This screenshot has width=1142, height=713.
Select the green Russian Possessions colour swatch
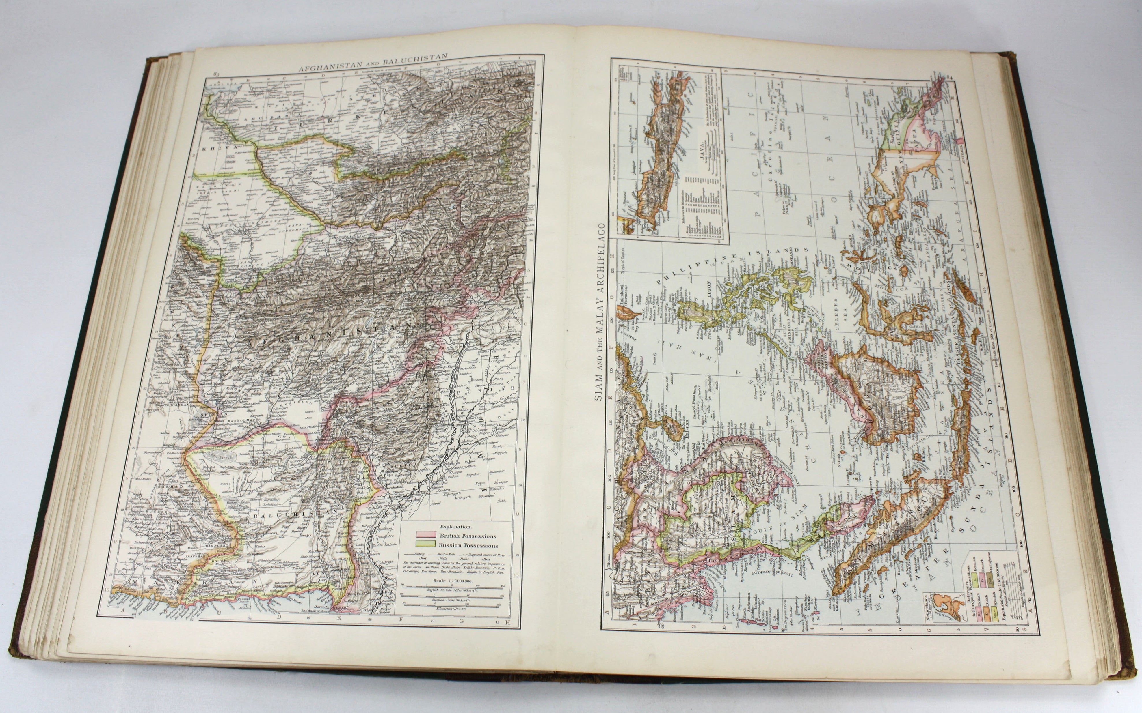426,545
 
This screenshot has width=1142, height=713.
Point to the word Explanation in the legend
456,526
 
